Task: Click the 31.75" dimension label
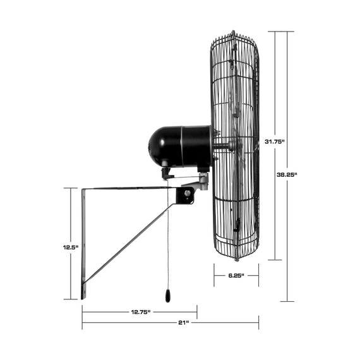[275, 141]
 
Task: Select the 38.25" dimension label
[287, 175]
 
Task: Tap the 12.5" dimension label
[71, 248]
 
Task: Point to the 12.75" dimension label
[140, 312]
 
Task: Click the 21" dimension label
[184, 323]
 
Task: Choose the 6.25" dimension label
[236, 275]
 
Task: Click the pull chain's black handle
[168, 296]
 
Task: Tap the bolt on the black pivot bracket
[188, 193]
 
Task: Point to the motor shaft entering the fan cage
[220, 147]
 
